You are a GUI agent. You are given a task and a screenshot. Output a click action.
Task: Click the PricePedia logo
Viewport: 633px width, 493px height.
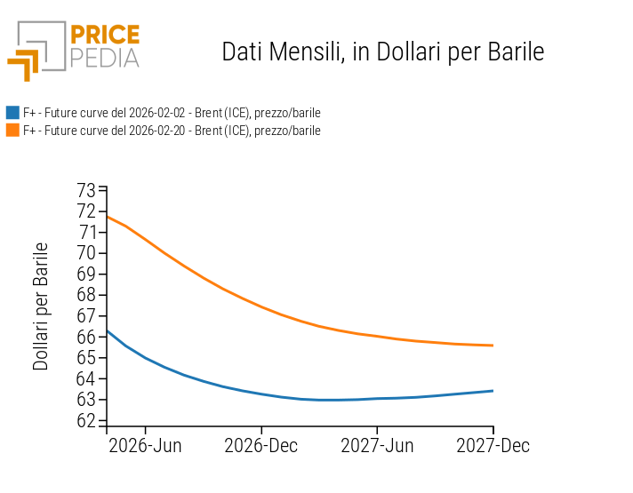click(x=74, y=49)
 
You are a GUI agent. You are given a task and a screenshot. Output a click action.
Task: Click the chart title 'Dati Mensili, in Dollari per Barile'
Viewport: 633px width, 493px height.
click(x=382, y=52)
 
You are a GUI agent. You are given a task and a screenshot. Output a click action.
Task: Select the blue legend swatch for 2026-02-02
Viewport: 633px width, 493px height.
click(x=12, y=113)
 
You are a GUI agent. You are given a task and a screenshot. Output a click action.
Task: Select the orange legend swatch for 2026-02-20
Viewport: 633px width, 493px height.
click(x=12, y=131)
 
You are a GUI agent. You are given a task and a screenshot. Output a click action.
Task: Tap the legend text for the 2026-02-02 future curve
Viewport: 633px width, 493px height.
click(x=172, y=113)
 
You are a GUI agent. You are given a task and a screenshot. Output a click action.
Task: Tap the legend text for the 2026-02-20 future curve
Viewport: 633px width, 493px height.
click(x=172, y=131)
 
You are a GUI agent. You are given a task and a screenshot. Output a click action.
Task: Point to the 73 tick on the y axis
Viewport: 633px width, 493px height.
click(x=86, y=190)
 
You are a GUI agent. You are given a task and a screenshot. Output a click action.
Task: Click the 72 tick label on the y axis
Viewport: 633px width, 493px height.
click(x=86, y=211)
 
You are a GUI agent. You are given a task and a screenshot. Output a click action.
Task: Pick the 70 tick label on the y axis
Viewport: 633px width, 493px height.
click(x=86, y=253)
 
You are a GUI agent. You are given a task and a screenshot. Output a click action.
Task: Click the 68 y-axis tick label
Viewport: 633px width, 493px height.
click(x=86, y=295)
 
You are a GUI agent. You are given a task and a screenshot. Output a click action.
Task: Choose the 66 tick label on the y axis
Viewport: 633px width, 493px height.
click(x=86, y=337)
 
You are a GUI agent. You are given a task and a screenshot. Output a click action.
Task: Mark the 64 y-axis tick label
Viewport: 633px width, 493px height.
click(x=86, y=378)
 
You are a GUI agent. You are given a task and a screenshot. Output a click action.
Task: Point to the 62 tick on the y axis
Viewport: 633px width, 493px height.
click(x=86, y=420)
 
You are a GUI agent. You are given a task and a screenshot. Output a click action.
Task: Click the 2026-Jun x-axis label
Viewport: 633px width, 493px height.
click(x=145, y=446)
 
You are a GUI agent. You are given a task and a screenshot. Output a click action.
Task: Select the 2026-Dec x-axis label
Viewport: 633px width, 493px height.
click(x=261, y=446)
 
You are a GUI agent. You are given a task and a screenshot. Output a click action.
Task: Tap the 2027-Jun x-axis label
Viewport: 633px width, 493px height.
click(x=377, y=446)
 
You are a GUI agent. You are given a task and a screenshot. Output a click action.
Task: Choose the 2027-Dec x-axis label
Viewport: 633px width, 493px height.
click(x=493, y=446)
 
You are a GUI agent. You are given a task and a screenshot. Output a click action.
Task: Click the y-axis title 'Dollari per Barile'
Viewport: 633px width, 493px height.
click(x=41, y=306)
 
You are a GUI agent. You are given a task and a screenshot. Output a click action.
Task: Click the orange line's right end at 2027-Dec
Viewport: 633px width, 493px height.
click(x=493, y=346)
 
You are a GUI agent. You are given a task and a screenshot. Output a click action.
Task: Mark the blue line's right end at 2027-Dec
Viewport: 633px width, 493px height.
click(x=493, y=391)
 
